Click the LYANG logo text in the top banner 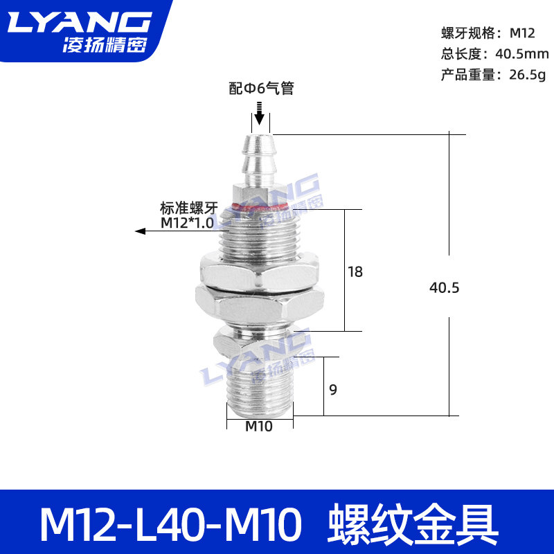pos(80,22)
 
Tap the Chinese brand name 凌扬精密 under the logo pos(105,45)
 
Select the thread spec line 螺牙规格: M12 pos(488,33)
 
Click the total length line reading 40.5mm pos(494,54)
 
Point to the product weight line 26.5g pos(493,75)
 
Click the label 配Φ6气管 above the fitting pos(262,88)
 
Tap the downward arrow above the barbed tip pos(260,114)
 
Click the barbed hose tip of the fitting pos(259,160)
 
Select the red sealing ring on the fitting pos(260,206)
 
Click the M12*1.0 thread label pos(187,223)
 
